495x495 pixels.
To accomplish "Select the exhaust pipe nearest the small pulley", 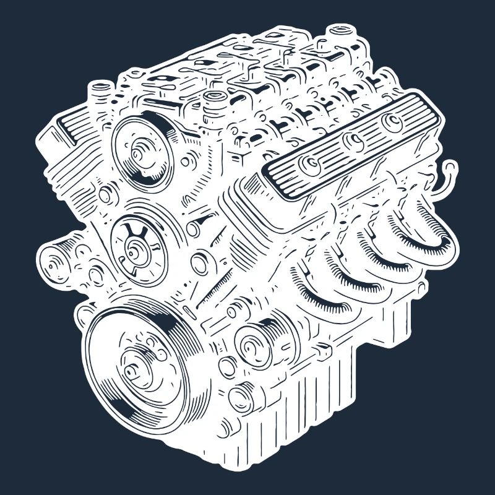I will [x=322, y=294].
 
